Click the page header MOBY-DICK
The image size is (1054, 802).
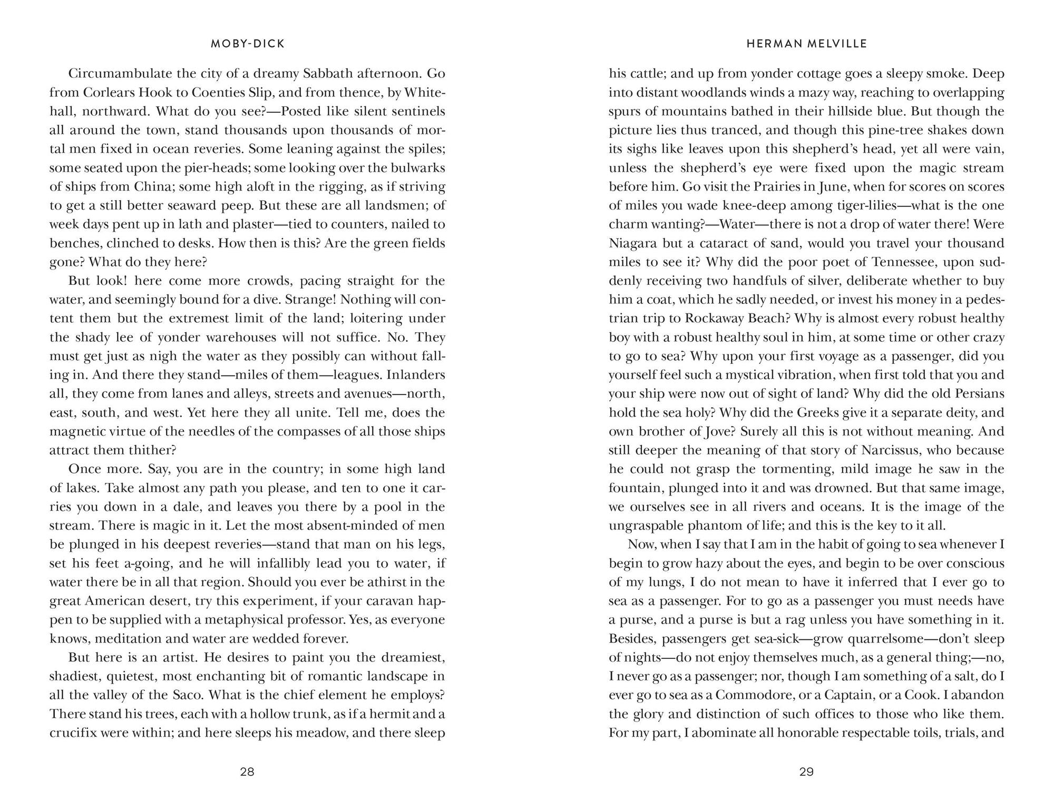click(248, 44)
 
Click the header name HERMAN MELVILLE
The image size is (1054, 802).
click(807, 44)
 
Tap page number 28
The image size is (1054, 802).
click(247, 772)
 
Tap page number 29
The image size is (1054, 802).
click(807, 772)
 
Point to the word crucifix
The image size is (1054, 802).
click(72, 734)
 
